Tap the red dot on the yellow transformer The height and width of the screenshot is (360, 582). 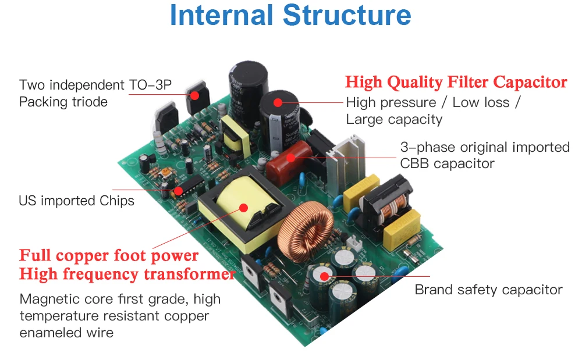click(243, 208)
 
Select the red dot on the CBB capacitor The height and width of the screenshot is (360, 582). click(291, 158)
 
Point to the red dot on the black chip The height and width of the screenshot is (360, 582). click(179, 191)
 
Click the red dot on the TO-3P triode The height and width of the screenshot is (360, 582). click(195, 95)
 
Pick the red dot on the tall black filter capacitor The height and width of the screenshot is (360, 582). click(278, 103)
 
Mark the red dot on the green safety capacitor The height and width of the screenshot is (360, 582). click(324, 276)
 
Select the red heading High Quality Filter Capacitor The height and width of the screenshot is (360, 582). click(456, 83)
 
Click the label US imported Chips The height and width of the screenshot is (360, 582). click(76, 201)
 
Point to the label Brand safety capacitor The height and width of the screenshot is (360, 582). click(488, 290)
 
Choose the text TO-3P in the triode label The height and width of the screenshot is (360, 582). click(150, 85)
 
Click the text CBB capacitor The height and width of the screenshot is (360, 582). click(447, 163)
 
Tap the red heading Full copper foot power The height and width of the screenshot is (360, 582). click(109, 256)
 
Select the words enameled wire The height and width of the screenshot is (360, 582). click(66, 333)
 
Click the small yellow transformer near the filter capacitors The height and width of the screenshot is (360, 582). click(235, 136)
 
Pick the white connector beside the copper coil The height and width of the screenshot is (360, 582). click(354, 244)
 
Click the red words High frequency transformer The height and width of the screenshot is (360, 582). click(127, 275)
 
